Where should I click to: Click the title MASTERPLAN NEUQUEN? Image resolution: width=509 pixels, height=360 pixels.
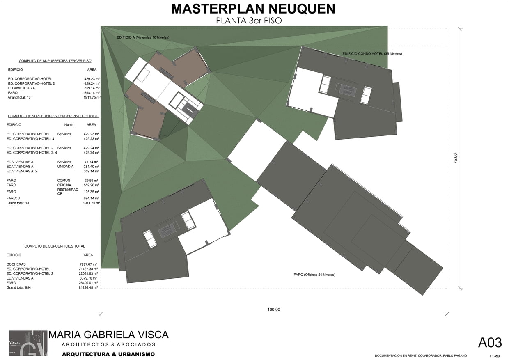(x=253, y=9)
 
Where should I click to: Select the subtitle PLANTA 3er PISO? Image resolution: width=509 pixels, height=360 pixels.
(x=249, y=21)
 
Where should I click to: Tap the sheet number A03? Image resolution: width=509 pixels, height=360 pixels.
(x=490, y=343)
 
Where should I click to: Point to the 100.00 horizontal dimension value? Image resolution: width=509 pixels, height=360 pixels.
(x=273, y=310)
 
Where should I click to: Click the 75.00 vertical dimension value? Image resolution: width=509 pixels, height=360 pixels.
(x=456, y=158)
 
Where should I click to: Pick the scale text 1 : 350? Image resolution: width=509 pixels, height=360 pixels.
(x=495, y=356)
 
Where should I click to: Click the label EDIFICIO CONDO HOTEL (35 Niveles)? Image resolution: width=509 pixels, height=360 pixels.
(x=372, y=54)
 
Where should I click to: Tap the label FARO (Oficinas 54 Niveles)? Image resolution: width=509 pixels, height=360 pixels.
(x=314, y=275)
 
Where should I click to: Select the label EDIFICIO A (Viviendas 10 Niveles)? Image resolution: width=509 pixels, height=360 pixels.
(x=143, y=37)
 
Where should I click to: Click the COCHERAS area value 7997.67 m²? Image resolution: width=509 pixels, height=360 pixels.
(x=88, y=264)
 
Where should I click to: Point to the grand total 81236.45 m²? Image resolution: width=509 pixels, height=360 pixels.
(x=88, y=287)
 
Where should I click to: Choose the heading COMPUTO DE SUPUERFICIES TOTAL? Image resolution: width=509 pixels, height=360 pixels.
(x=55, y=246)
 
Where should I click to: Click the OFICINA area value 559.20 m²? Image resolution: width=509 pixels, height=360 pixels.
(x=91, y=185)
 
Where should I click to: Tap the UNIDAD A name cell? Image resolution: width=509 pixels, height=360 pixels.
(x=65, y=167)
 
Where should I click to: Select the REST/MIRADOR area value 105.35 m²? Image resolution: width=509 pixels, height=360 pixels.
(x=91, y=192)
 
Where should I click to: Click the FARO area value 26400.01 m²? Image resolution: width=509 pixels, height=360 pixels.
(x=88, y=283)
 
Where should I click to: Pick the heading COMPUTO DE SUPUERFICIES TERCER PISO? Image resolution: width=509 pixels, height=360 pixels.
(x=55, y=61)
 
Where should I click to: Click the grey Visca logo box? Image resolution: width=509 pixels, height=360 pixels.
(x=28, y=343)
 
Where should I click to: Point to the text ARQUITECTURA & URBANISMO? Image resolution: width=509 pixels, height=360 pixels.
(x=108, y=354)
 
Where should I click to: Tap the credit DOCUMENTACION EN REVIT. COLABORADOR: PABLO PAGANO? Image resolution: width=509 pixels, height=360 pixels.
(x=421, y=355)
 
